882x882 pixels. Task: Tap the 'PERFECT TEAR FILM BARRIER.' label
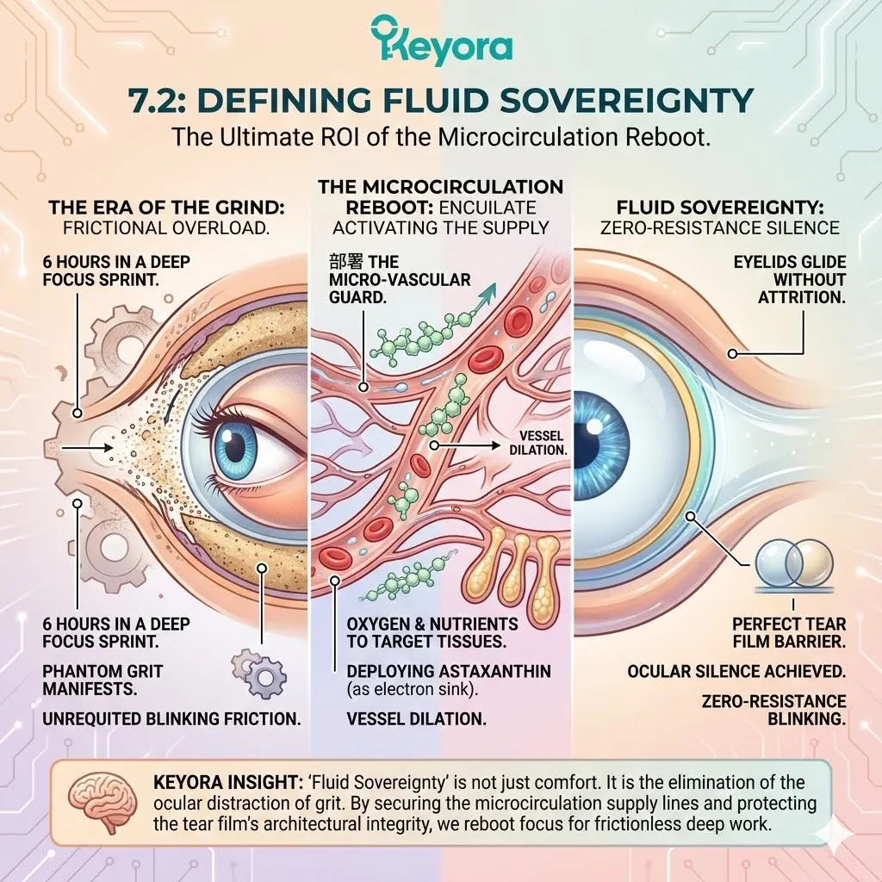click(789, 632)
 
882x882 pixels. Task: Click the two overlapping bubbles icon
click(793, 562)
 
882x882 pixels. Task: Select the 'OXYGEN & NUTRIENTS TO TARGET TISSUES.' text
click(432, 632)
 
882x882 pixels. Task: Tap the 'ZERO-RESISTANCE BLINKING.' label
click(773, 710)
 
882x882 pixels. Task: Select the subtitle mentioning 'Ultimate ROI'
click(441, 137)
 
